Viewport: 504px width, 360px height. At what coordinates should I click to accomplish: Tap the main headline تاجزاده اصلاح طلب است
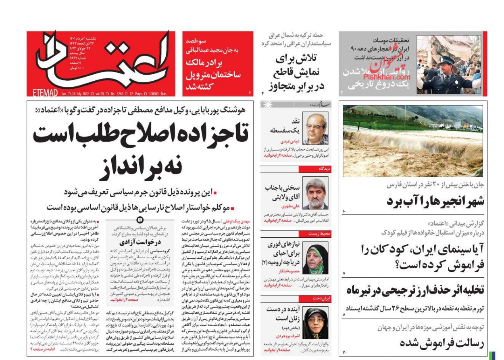140,134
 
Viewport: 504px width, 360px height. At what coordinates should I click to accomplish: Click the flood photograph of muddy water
412,141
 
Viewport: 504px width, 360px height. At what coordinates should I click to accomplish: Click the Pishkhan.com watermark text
386,77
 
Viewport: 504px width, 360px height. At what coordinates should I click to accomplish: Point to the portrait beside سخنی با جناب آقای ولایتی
315,193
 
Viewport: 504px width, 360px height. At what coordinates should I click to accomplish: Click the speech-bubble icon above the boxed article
140,220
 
